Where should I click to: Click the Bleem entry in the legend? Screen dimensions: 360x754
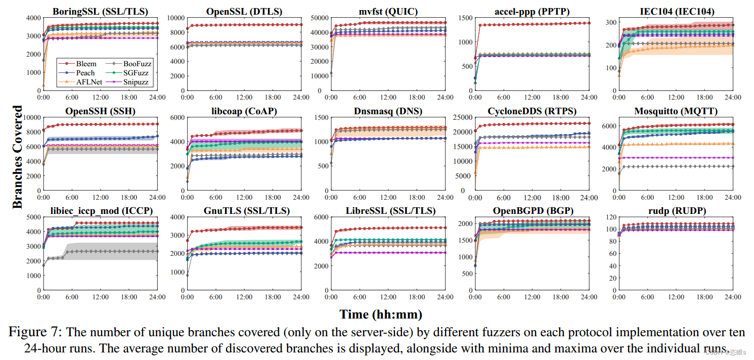pyautogui.click(x=86, y=64)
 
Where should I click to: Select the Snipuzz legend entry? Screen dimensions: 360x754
pyautogui.click(x=137, y=81)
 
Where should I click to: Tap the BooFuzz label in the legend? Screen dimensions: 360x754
pyautogui.click(x=137, y=64)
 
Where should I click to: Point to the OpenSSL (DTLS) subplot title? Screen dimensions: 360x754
pyautogui.click(x=244, y=11)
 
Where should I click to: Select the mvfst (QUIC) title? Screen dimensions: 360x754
pyautogui.click(x=389, y=11)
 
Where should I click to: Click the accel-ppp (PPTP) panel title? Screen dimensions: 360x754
pyautogui.click(x=533, y=11)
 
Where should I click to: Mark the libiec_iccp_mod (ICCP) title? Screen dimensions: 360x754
pyautogui.click(x=100, y=211)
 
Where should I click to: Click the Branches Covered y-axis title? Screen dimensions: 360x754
pyautogui.click(x=17, y=157)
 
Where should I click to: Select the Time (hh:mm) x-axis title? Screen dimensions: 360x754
pyautogui.click(x=381, y=314)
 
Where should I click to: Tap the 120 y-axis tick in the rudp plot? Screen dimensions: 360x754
pyautogui.click(x=610, y=217)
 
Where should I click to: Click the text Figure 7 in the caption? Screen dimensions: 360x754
pyautogui.click(x=34, y=332)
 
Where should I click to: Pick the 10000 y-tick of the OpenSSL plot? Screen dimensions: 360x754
pyautogui.click(x=173, y=18)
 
